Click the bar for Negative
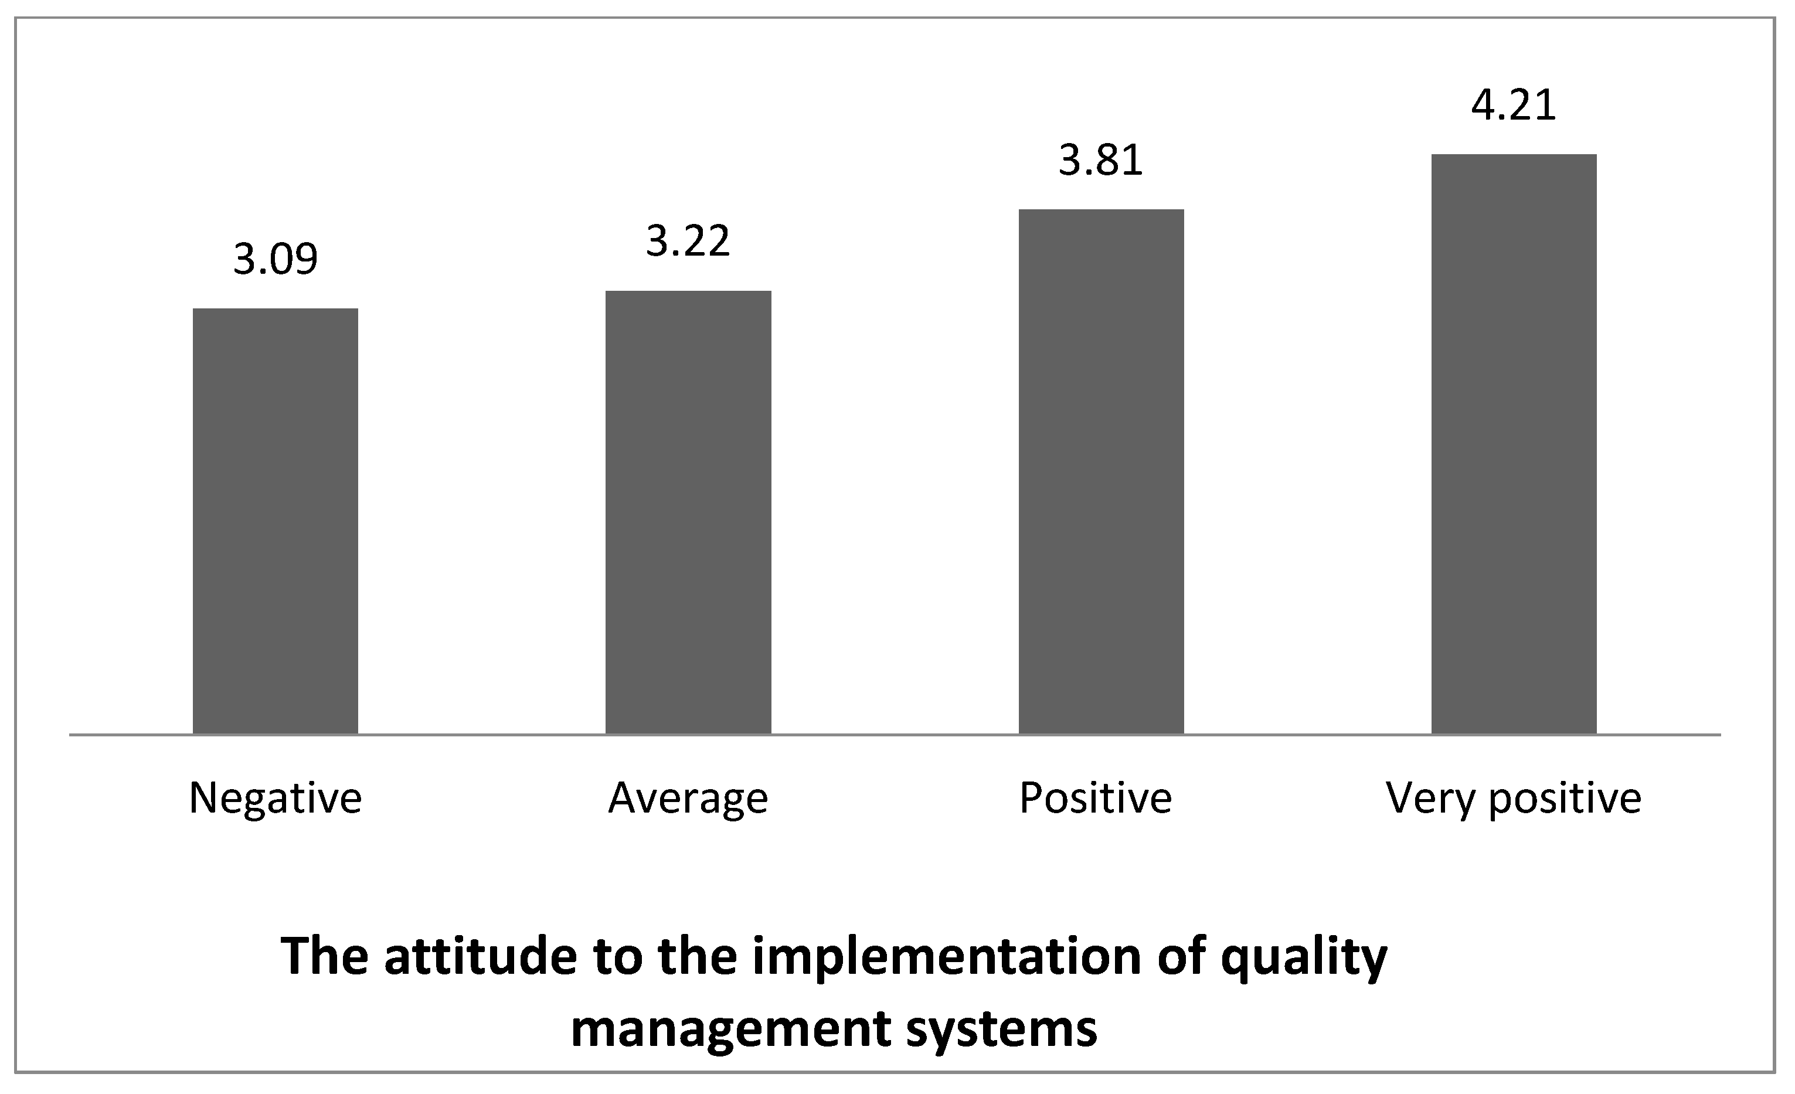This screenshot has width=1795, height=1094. coord(276,521)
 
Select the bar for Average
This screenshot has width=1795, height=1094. coord(688,512)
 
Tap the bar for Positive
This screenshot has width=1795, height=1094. coord(1101,471)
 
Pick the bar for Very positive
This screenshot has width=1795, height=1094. coord(1514,444)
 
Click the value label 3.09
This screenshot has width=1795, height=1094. coord(276,259)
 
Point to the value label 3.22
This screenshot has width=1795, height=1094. coord(688,241)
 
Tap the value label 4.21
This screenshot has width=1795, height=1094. coord(1514,105)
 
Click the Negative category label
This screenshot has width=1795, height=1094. coord(276,799)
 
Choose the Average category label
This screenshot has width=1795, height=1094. coord(688,800)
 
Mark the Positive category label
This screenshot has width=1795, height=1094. coord(1095,799)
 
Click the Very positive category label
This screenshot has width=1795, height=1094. coord(1514,800)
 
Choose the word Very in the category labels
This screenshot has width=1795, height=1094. coord(1430,800)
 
